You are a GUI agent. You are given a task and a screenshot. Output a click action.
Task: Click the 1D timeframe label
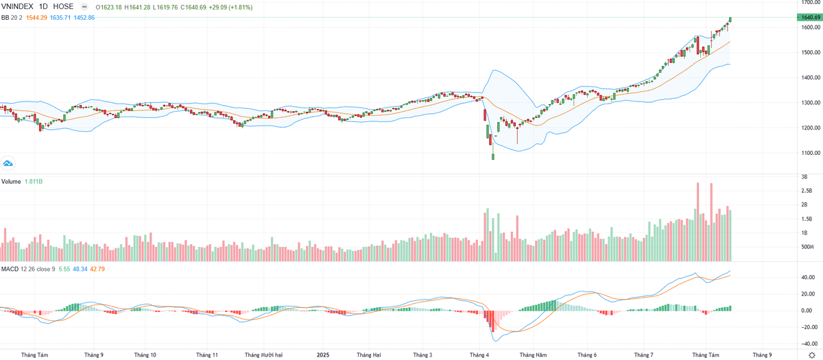coord(43,7)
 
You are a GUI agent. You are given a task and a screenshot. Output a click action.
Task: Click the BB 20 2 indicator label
coord(11,16)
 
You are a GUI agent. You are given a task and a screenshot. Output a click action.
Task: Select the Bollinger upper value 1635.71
coord(61,16)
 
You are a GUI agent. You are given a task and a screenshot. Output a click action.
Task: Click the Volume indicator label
coord(12,182)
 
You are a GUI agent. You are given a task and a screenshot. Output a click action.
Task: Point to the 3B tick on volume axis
coord(803,177)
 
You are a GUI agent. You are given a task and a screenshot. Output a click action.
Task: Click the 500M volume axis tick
coord(807,247)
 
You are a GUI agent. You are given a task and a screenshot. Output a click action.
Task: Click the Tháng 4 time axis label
coord(479,355)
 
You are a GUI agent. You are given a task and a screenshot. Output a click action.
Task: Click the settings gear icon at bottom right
coord(811,355)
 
